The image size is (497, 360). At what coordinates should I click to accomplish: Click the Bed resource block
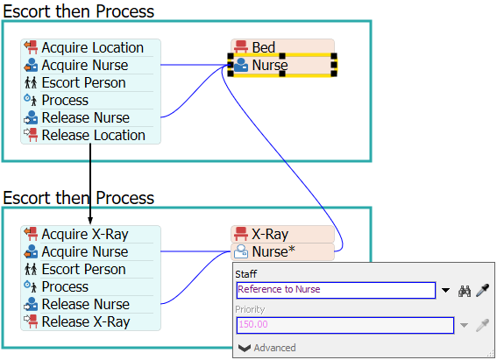[x=282, y=46]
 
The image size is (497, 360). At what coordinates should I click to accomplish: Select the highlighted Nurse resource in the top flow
[x=282, y=65]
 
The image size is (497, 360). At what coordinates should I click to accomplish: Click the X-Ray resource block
[x=282, y=234]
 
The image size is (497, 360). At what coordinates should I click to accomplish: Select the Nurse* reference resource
[x=282, y=251]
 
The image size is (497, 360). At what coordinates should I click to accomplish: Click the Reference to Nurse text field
[x=336, y=290]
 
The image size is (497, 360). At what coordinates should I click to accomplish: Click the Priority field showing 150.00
[x=345, y=325]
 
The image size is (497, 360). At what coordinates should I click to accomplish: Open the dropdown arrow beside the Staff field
[x=445, y=290]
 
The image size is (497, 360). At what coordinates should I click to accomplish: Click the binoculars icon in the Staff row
[x=465, y=291]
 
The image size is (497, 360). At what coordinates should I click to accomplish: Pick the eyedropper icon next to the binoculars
[x=482, y=291]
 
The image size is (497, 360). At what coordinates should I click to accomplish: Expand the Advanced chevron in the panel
[x=245, y=349]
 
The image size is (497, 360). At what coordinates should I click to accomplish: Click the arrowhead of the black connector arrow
[x=90, y=221]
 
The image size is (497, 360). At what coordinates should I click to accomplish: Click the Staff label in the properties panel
[x=246, y=274]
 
